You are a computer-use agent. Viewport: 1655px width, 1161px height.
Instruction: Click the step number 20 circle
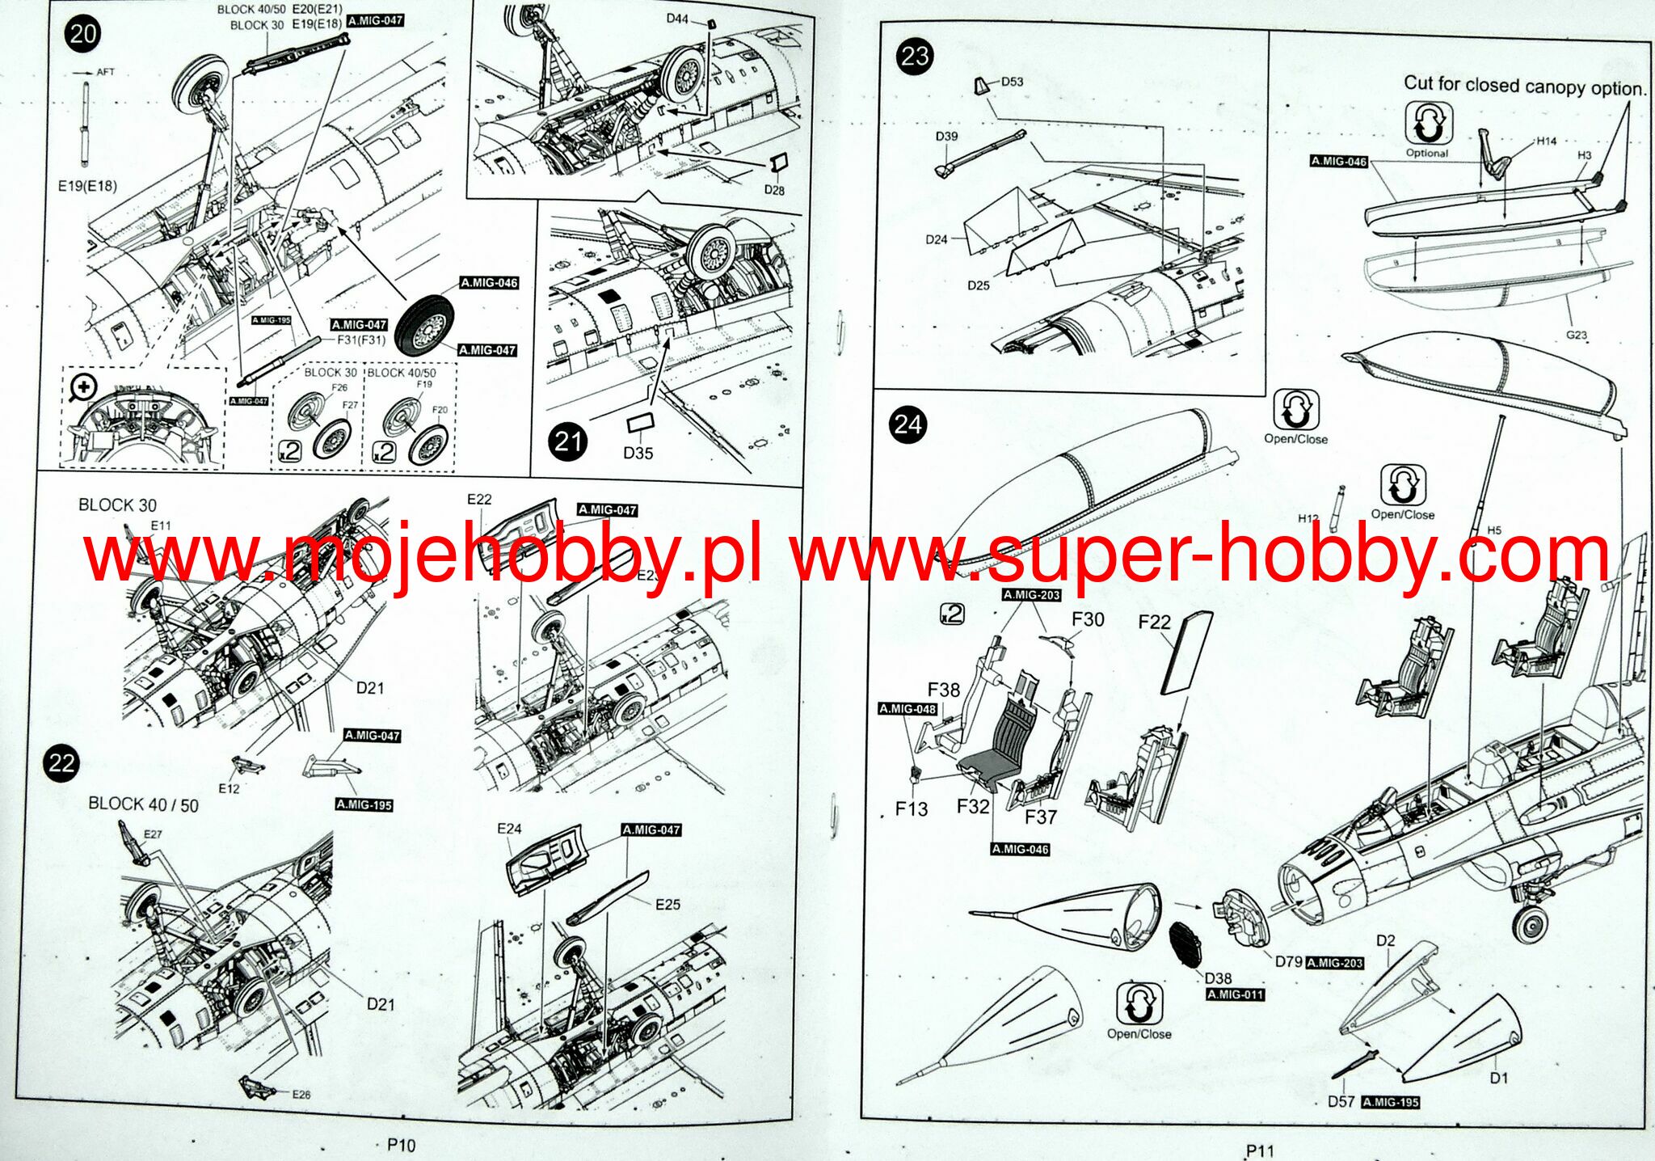click(x=83, y=34)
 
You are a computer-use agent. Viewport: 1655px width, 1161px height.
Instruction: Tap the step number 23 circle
click(x=915, y=57)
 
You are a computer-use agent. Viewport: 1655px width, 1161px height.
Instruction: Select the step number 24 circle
click(x=908, y=424)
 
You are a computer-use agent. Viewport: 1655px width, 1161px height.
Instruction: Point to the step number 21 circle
click(x=568, y=441)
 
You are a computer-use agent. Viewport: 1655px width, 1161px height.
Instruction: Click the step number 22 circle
click(x=61, y=763)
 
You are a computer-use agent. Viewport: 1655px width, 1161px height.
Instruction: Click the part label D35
click(x=638, y=453)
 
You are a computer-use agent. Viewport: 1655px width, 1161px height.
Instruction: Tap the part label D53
click(x=1012, y=82)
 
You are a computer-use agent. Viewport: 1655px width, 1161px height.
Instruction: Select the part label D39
click(x=946, y=136)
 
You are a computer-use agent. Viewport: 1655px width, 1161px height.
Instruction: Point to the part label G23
click(x=1576, y=334)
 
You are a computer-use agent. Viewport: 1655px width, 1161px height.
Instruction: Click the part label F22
click(x=1154, y=621)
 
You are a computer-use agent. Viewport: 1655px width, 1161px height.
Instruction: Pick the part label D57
click(x=1341, y=1101)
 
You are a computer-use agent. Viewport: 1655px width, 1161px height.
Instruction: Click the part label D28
click(x=774, y=190)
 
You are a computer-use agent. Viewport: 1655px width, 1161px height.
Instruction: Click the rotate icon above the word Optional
click(x=1427, y=124)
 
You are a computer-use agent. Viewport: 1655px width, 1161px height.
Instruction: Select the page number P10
click(x=401, y=1145)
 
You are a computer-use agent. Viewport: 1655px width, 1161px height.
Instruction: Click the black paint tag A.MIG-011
click(x=1235, y=994)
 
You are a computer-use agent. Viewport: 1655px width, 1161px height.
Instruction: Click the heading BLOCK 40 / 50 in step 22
click(x=143, y=804)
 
